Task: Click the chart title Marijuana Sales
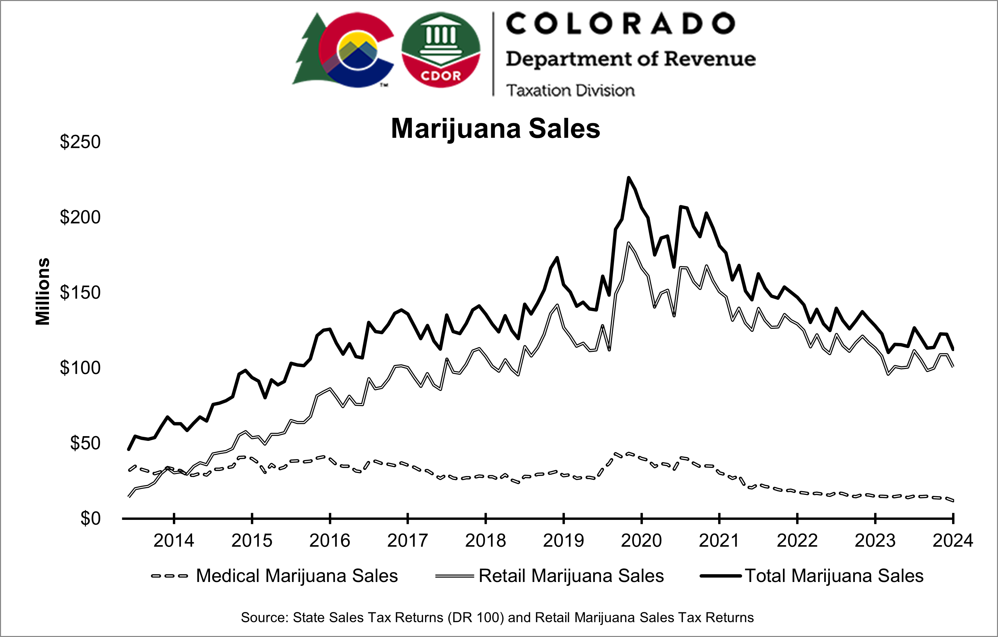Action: point(495,129)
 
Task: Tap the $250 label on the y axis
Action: point(80,142)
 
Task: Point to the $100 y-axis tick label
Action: point(80,368)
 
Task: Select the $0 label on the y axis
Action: point(90,519)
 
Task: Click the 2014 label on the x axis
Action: point(174,540)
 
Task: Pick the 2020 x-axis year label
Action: point(641,540)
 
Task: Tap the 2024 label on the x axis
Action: point(952,540)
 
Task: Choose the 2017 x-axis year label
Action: point(408,540)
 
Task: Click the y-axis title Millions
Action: point(43,291)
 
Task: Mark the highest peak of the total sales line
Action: point(628,178)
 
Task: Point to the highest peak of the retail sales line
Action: point(628,243)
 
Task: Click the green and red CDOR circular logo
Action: point(441,50)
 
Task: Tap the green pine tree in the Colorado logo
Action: point(309,54)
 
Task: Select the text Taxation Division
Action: point(570,90)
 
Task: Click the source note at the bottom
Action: point(497,617)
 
